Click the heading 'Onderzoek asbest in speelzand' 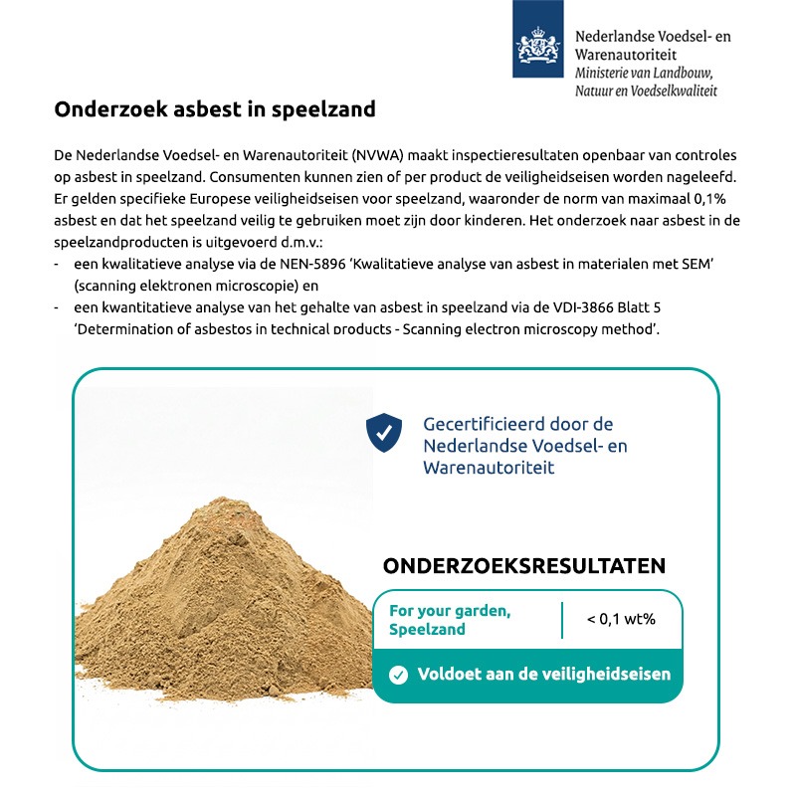pos(215,109)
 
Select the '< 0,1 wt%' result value pos(621,619)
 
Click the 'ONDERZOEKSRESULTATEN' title pos(524,566)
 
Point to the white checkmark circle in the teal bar pos(399,675)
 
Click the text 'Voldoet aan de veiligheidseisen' pos(543,674)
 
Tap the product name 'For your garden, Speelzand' pos(450,620)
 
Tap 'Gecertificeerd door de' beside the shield pos(517,424)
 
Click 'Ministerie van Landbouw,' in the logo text pos(644,73)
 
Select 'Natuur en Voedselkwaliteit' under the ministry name pos(646,91)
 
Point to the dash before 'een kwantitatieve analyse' pos(59,308)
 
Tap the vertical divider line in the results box pos(562,619)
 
